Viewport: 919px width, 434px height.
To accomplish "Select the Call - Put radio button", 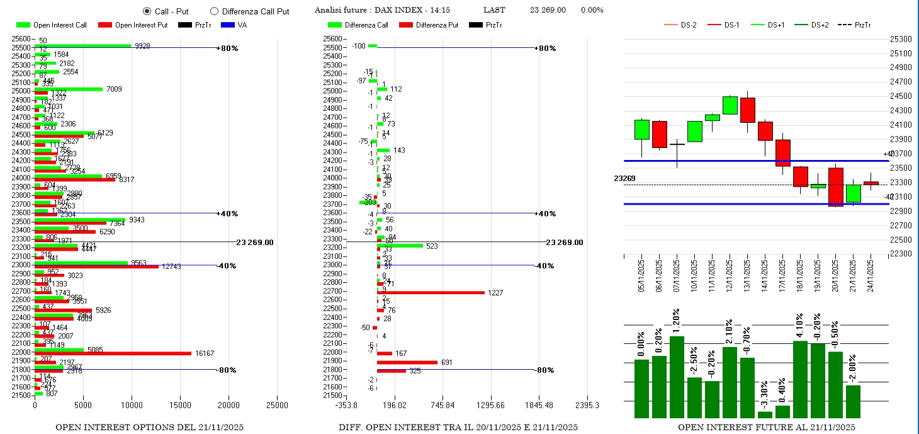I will coord(147,11).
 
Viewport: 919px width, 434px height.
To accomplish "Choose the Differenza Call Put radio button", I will coord(214,11).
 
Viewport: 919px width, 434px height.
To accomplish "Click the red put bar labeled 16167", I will coord(113,353).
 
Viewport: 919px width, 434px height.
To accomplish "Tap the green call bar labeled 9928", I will coord(82,45).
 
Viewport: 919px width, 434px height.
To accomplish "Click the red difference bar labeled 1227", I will coord(431,292).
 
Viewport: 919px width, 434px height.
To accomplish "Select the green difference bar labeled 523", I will coord(400,246).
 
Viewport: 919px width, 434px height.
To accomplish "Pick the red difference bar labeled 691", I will coord(407,362).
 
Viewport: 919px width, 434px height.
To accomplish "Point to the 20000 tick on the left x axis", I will coord(228,404).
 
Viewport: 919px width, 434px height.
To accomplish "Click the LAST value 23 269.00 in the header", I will coord(548,10).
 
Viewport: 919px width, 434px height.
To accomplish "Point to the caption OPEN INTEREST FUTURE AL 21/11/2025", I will coord(766,427).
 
